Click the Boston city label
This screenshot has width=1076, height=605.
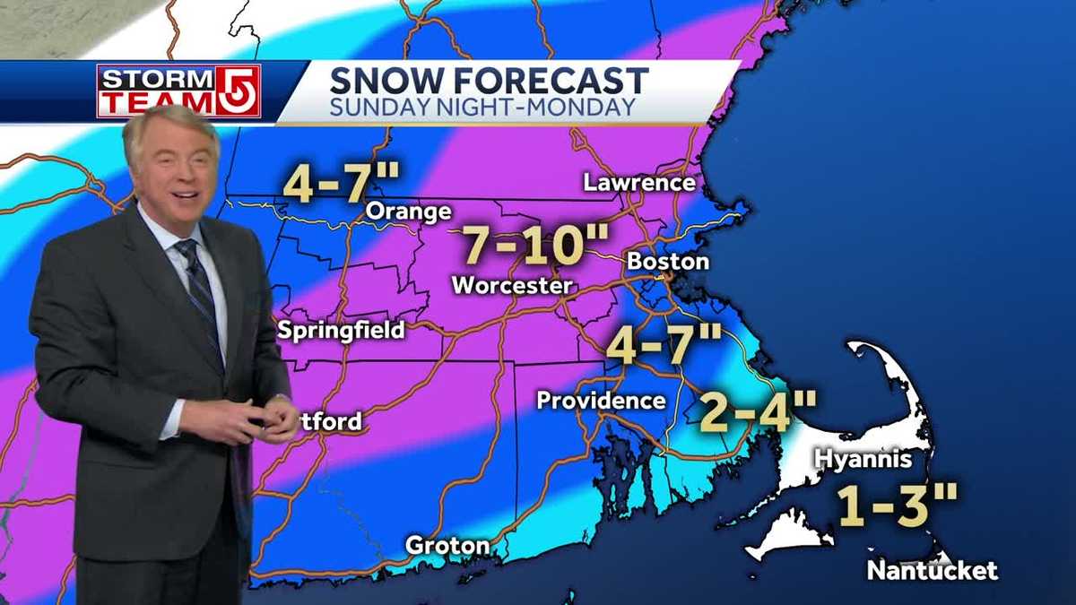668,262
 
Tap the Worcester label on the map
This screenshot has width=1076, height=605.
512,286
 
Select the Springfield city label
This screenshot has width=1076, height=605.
341,330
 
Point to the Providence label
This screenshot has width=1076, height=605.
601,401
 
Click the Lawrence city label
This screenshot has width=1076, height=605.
639,183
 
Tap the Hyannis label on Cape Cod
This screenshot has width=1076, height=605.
863,460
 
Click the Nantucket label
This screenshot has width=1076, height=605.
933,570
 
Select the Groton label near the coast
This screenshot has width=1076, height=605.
447,545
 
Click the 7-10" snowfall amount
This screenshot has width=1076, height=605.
535,244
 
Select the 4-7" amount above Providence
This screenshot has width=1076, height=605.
664,345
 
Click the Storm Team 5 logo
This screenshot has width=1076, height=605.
178,91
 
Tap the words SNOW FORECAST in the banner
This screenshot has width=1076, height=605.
489,81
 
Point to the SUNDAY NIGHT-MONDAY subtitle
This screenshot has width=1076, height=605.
483,108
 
